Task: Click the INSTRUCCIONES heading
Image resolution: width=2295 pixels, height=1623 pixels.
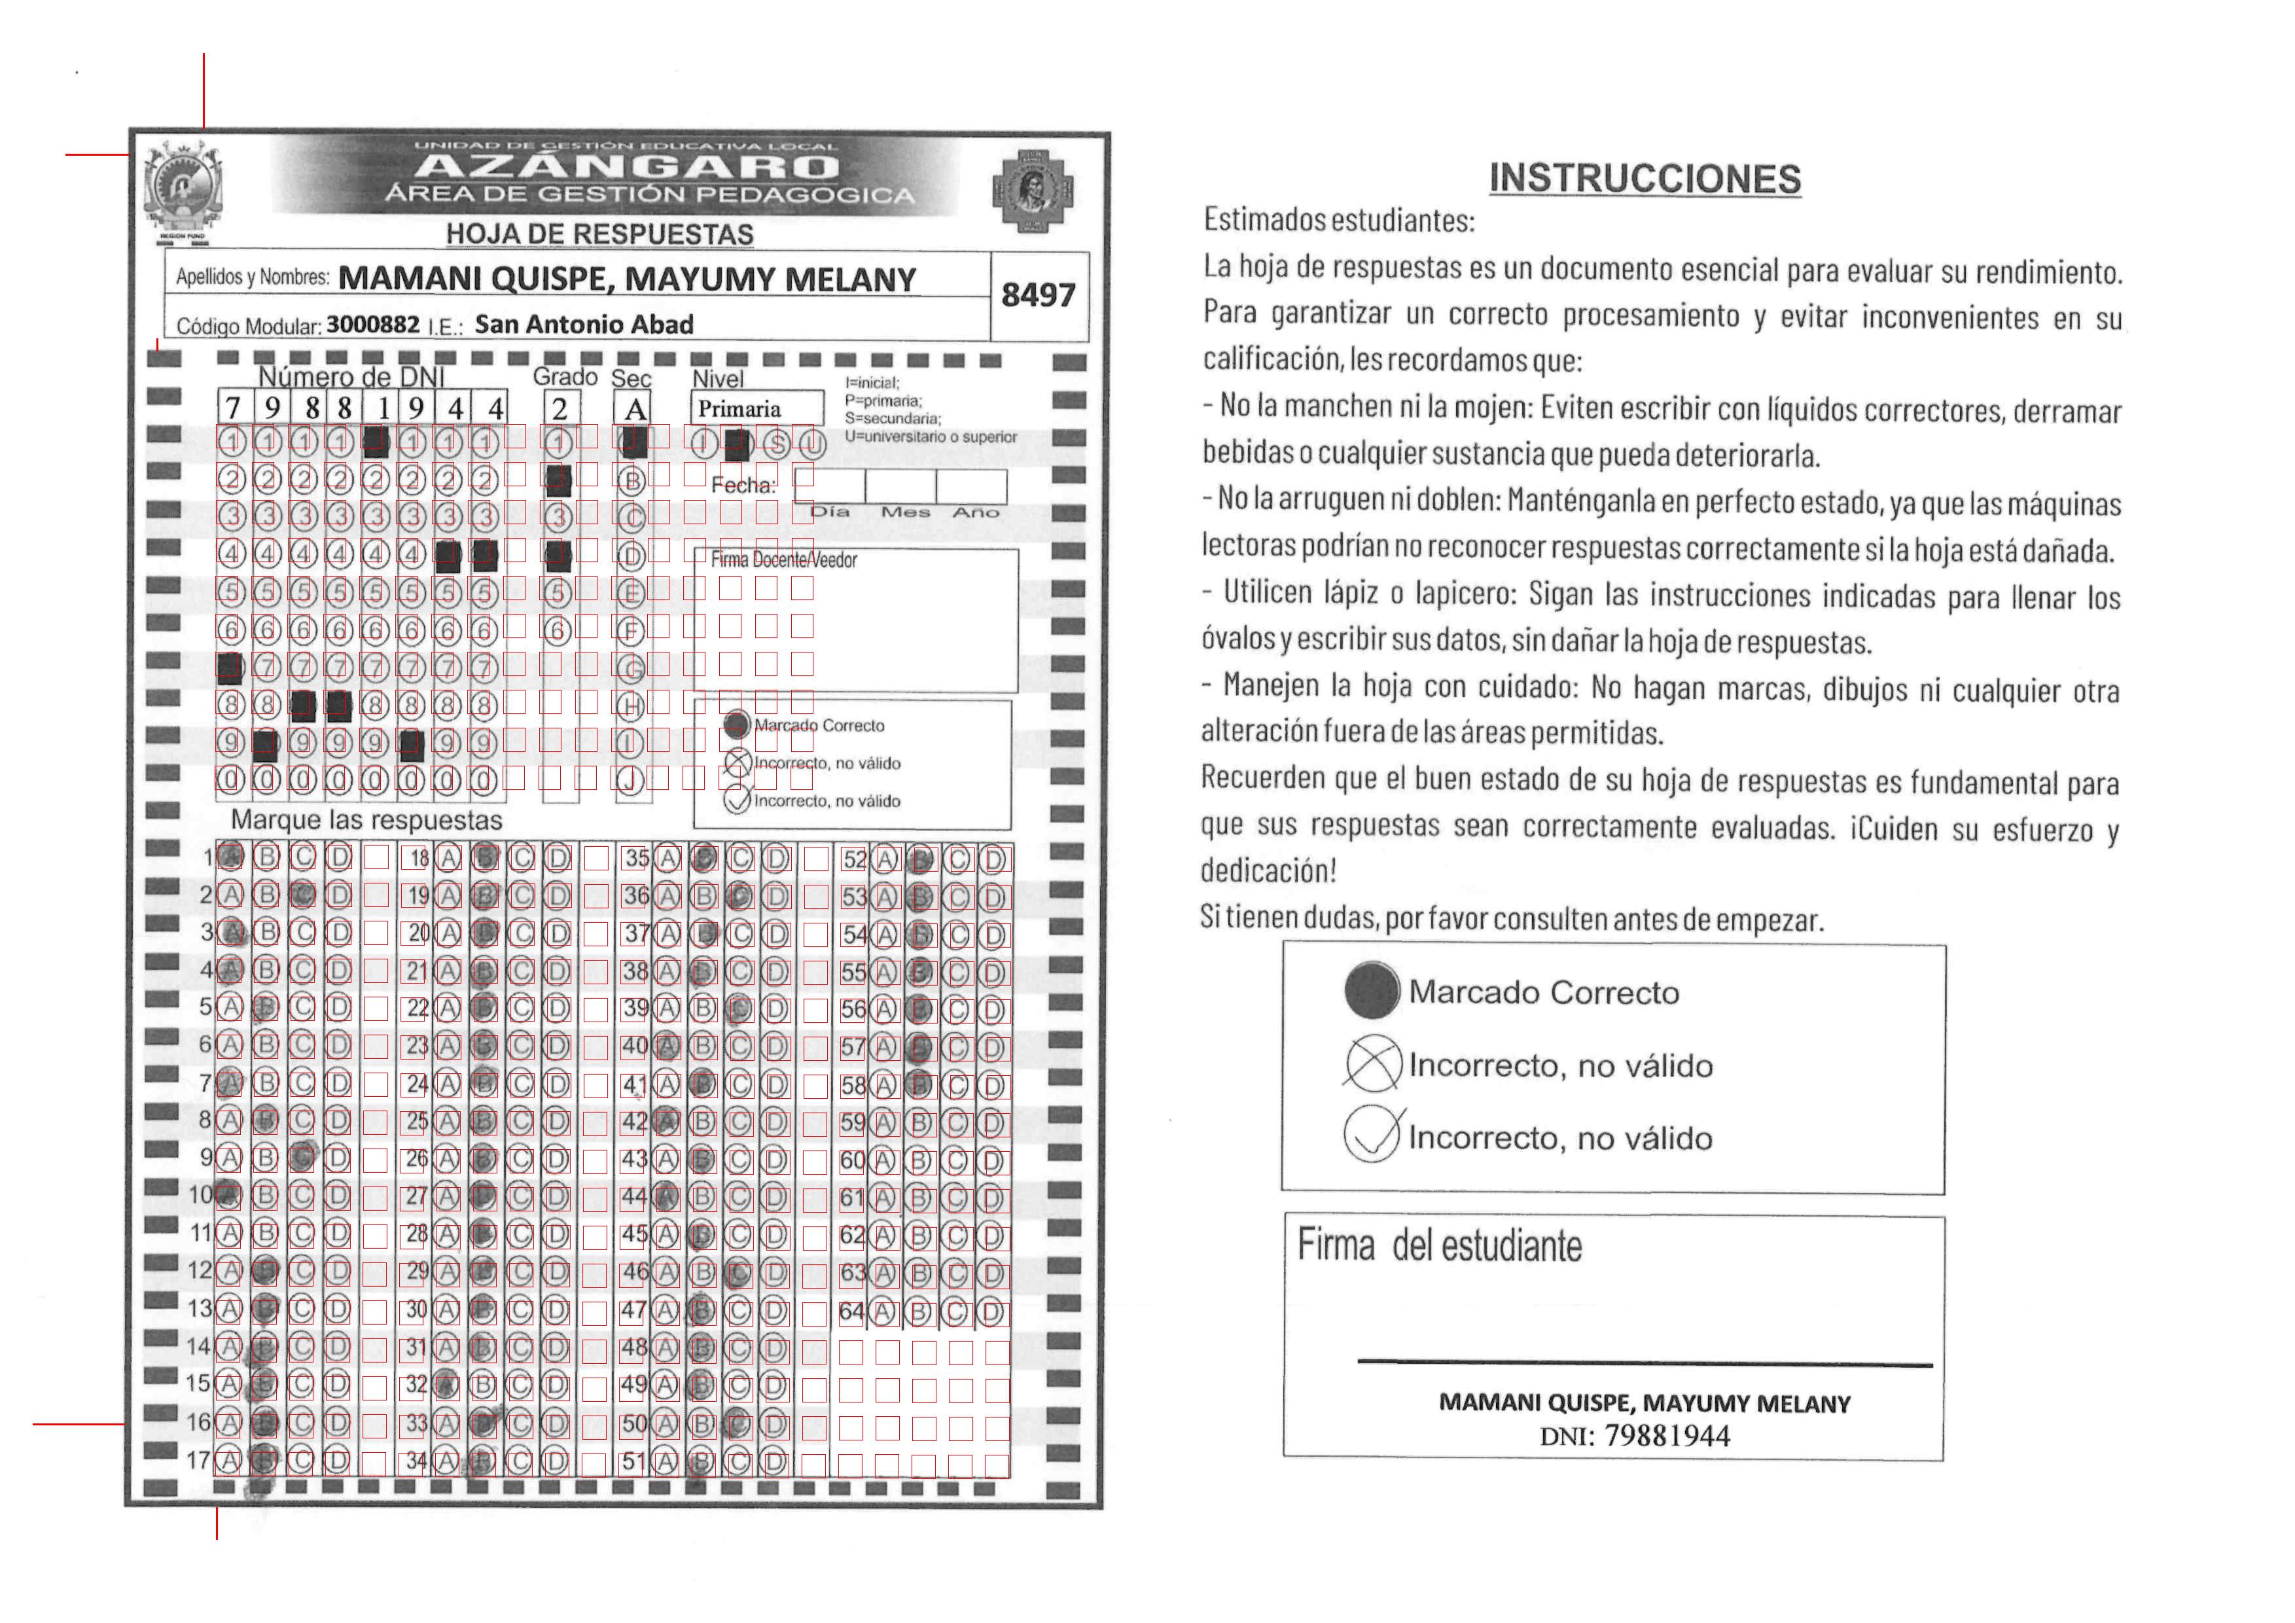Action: [x=1645, y=179]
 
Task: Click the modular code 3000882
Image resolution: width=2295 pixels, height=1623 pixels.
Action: [x=373, y=325]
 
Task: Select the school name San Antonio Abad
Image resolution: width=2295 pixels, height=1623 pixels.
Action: [x=584, y=325]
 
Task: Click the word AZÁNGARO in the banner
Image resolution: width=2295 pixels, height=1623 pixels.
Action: [x=627, y=167]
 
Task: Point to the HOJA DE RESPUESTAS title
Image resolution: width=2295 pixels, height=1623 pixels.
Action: [x=599, y=234]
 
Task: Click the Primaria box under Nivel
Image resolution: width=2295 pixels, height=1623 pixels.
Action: [x=756, y=409]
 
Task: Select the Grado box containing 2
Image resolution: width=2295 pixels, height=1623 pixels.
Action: [x=560, y=408]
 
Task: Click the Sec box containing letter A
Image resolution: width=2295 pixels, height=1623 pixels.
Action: [x=635, y=408]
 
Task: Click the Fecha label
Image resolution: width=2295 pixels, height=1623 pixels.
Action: [x=743, y=486]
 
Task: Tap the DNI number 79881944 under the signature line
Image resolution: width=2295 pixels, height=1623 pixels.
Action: [x=1666, y=1436]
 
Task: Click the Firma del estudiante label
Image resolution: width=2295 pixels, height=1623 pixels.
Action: [x=1440, y=1246]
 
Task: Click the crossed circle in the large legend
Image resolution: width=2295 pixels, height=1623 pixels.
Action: [x=1372, y=1064]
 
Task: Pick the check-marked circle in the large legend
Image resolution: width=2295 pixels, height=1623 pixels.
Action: [x=1372, y=1135]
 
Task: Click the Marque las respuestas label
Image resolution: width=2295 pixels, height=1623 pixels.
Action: [x=366, y=821]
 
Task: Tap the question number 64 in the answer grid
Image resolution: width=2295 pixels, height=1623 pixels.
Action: [x=851, y=1311]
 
